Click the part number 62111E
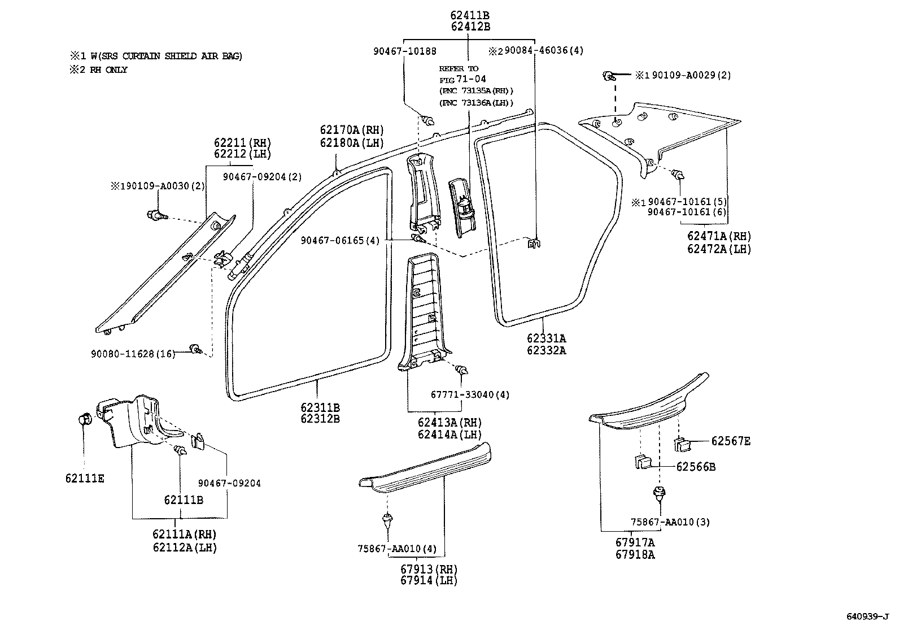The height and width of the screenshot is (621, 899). pos(84,479)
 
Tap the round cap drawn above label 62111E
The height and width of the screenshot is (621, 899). pos(84,419)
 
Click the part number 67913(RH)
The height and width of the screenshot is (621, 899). pos(429,569)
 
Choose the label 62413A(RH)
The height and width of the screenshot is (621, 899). pos(449,423)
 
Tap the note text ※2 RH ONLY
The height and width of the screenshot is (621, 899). pos(99,70)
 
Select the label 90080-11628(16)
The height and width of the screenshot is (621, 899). pos(132,354)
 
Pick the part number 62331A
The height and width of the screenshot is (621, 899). pos(546,338)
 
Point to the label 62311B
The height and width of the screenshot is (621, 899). pos(320,407)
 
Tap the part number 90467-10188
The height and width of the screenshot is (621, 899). pos(404,51)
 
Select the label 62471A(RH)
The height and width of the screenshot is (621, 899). pos(719,236)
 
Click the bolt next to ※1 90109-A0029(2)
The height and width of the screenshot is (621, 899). pos(609,75)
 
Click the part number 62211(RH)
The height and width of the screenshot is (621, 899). pos(242,142)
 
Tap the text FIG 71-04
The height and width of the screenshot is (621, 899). pos(462,79)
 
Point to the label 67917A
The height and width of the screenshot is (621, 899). pos(635,542)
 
